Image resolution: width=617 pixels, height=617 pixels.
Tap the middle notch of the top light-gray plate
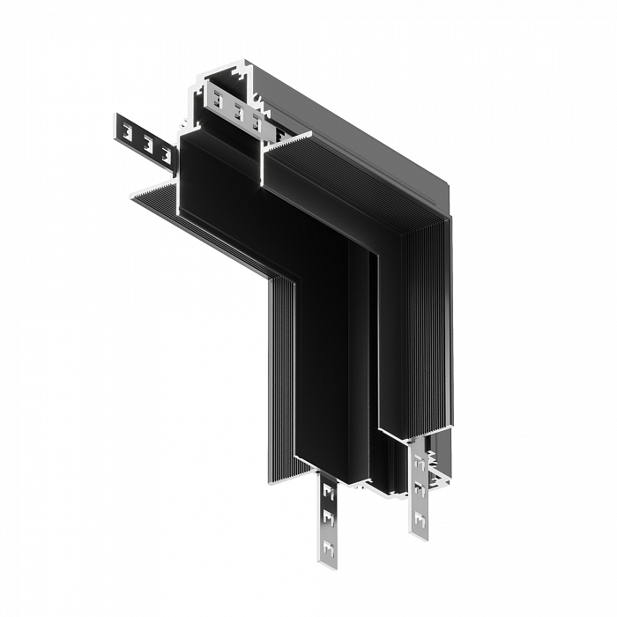[238, 112]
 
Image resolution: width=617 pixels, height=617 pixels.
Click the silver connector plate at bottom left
[329, 516]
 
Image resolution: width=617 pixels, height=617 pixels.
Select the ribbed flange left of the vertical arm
[282, 370]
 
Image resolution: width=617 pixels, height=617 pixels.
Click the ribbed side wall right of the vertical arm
[423, 335]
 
